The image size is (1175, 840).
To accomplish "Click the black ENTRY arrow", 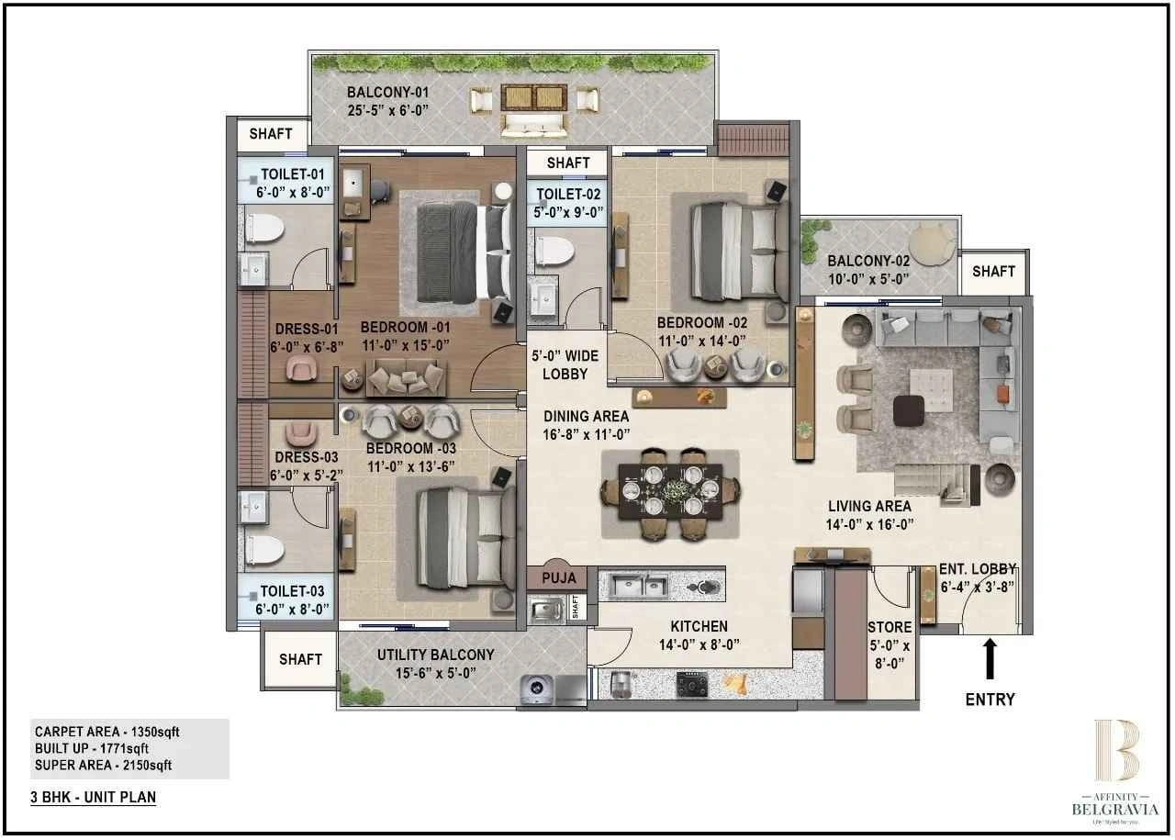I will (990, 658).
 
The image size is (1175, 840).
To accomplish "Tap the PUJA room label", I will (559, 577).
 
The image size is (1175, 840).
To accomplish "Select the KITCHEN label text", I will (699, 626).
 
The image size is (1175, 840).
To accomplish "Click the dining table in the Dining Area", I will (670, 493).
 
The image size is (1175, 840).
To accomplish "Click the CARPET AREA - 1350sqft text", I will (108, 732).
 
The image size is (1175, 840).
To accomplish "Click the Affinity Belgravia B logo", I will (1115, 750).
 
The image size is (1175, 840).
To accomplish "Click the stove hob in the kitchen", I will (690, 683).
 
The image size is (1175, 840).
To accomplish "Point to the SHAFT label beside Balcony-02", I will (993, 271).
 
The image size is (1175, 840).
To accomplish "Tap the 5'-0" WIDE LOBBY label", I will (565, 364).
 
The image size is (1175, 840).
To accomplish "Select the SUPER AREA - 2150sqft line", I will (103, 765).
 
